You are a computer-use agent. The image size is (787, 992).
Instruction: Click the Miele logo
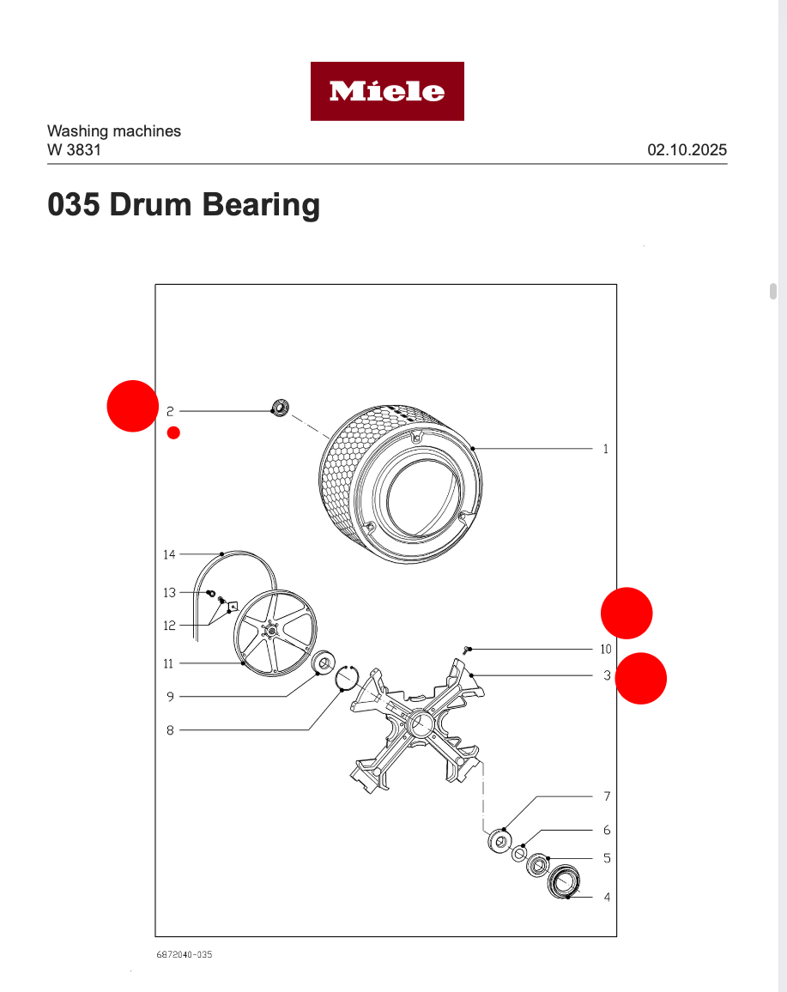[387, 91]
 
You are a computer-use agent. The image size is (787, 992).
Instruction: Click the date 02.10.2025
[687, 150]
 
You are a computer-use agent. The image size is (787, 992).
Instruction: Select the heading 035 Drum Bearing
[184, 205]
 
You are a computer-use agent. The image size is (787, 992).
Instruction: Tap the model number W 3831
[74, 150]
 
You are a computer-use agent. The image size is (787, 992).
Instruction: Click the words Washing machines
[113, 131]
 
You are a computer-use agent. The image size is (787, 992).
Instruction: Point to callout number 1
[605, 449]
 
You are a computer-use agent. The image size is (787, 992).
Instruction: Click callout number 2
[170, 412]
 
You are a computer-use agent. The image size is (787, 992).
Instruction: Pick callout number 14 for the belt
[169, 554]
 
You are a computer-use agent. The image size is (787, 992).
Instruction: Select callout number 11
[169, 663]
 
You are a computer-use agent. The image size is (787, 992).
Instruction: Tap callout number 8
[170, 730]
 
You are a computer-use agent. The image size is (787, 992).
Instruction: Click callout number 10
[606, 650]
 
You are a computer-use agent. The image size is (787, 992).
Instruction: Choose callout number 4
[607, 898]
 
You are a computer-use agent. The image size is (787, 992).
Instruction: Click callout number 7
[607, 796]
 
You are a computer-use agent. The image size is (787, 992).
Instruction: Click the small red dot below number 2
[173, 432]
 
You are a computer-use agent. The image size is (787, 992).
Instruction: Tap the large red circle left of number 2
[132, 405]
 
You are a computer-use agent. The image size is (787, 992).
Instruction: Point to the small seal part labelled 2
[280, 407]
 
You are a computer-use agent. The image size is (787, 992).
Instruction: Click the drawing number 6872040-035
[184, 954]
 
